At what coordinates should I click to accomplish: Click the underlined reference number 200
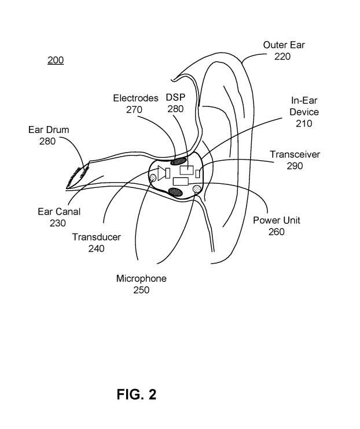56,60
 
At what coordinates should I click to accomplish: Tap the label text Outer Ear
283,45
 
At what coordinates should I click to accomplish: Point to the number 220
282,56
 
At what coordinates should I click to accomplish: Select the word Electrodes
135,98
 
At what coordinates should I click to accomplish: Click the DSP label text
175,97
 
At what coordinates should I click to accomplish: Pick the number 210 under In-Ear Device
303,123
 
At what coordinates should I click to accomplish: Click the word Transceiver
295,154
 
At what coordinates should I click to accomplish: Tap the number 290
295,166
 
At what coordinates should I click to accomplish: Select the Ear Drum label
49,130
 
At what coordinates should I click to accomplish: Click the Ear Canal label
58,212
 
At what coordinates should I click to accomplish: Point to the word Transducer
96,237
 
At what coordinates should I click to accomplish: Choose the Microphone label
141,279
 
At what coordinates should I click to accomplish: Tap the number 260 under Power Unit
277,232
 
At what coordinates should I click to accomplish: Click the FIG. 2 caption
137,394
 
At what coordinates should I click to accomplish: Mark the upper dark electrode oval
180,160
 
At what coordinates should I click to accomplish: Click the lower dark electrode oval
175,191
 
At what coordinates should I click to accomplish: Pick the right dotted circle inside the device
196,188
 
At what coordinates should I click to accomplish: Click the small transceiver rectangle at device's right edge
197,173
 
